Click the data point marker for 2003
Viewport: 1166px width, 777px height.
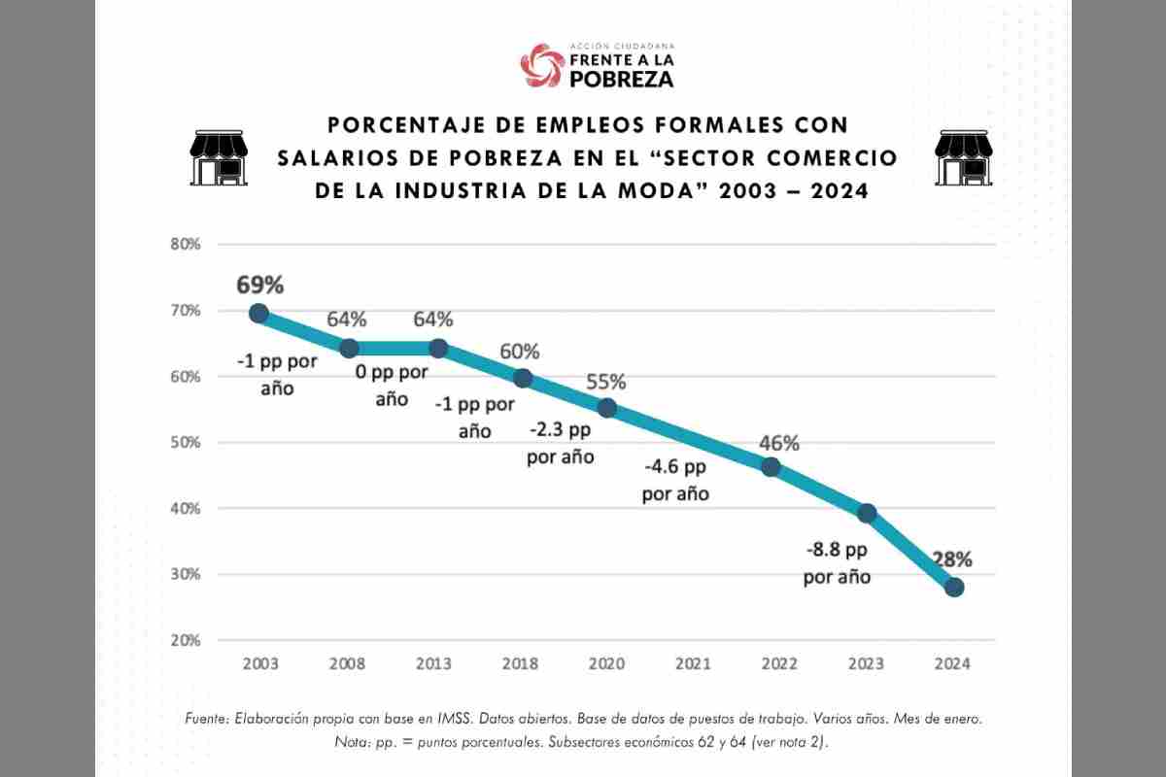click(258, 313)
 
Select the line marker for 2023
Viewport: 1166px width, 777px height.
click(867, 513)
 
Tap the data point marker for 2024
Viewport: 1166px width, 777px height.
click(954, 587)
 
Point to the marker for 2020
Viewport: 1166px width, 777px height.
click(607, 408)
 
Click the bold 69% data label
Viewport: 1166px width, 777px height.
click(259, 285)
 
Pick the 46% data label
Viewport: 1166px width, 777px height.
click(779, 443)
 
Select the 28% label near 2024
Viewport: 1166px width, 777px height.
click(952, 559)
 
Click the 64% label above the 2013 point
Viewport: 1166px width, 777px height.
click(432, 320)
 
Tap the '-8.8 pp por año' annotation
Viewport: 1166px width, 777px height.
click(837, 563)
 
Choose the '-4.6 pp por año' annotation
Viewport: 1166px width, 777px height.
click(675, 480)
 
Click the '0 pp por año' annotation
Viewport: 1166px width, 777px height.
click(392, 386)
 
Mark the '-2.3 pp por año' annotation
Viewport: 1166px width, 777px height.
click(561, 442)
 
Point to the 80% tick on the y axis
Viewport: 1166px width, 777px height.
click(186, 245)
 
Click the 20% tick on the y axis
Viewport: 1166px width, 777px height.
click(186, 641)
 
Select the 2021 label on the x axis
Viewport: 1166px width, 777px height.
click(693, 664)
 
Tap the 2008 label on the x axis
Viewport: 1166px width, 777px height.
click(347, 664)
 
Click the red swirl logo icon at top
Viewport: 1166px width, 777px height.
click(542, 65)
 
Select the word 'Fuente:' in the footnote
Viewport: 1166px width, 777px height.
click(209, 720)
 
